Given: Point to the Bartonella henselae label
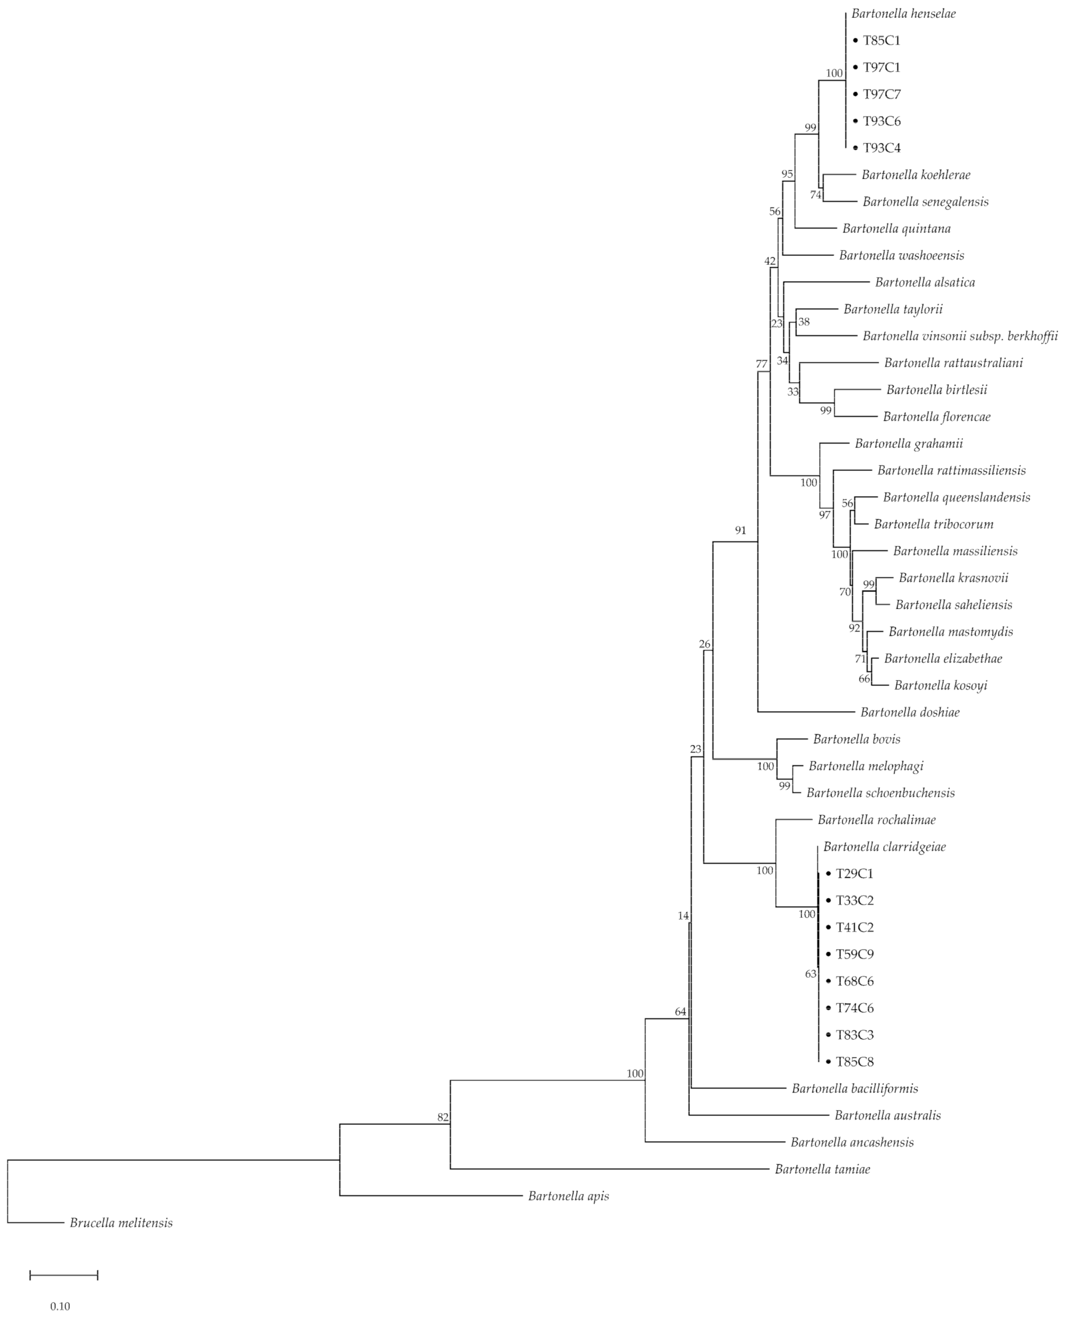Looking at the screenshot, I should pyautogui.click(x=903, y=13).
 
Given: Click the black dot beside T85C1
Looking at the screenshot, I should pyautogui.click(x=855, y=41).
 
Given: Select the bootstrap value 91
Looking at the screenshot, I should pyautogui.click(x=740, y=530).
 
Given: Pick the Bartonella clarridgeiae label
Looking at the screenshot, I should pyautogui.click(x=884, y=847).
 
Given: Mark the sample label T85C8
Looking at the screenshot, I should pyautogui.click(x=854, y=1062).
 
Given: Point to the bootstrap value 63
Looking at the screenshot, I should pyautogui.click(x=811, y=974).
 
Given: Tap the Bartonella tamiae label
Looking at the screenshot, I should pyautogui.click(x=823, y=1169).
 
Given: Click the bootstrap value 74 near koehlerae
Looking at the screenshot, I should pyautogui.click(x=815, y=195).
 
